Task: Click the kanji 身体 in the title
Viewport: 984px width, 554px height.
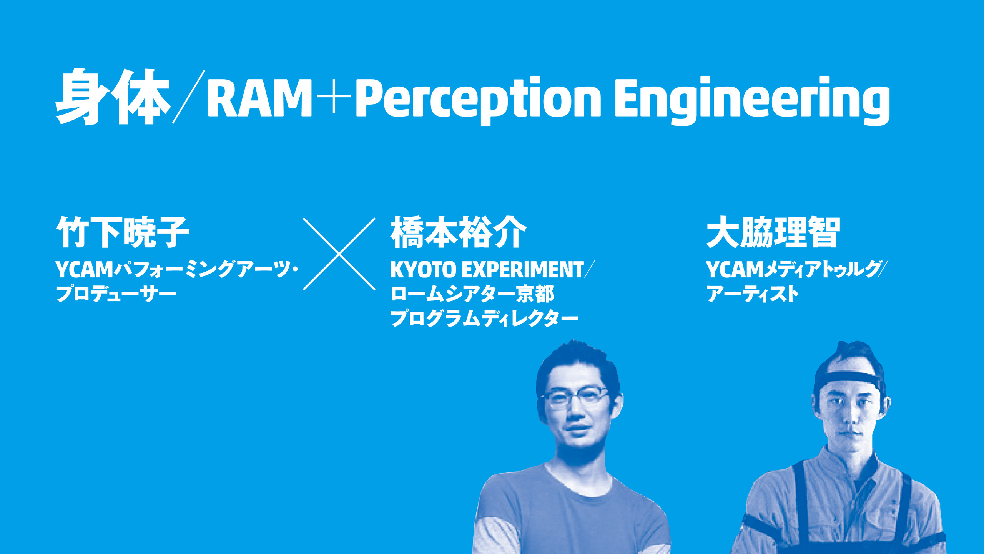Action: [x=113, y=97]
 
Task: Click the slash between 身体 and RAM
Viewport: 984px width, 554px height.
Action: [x=189, y=97]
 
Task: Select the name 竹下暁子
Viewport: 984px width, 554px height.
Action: [x=123, y=232]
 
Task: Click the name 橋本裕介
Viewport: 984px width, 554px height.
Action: [x=458, y=232]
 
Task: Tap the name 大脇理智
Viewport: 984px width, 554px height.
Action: [x=773, y=232]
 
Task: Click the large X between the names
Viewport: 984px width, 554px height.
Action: [x=339, y=254]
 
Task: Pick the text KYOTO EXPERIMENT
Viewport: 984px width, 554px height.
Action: [x=487, y=269]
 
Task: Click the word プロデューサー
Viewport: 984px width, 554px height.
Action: [x=116, y=294]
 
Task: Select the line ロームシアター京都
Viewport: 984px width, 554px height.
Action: [x=472, y=294]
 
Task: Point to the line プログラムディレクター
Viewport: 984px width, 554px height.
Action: [x=484, y=319]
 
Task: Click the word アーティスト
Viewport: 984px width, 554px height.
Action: [x=753, y=294]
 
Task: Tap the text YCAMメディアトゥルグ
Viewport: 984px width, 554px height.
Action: [x=794, y=269]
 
